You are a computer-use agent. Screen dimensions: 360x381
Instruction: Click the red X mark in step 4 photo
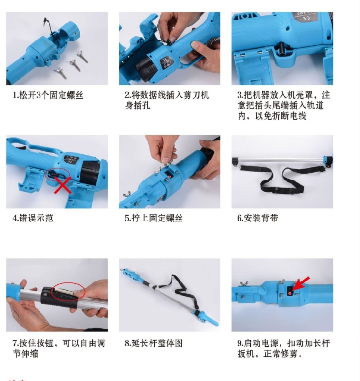pyautogui.click(x=62, y=185)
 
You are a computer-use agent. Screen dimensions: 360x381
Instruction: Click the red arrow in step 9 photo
pyautogui.click(x=301, y=283)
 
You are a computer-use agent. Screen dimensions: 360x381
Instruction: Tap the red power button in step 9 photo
pyautogui.click(x=290, y=293)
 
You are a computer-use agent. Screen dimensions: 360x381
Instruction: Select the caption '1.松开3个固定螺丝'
pyautogui.click(x=48, y=95)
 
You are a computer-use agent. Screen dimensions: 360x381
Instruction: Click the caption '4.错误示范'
pyautogui.click(x=33, y=218)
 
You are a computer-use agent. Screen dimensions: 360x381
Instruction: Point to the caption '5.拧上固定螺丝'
pyautogui.click(x=154, y=218)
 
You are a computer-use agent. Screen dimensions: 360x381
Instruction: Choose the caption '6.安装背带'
pyautogui.click(x=258, y=218)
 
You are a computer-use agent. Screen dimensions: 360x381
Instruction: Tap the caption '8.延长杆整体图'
pyautogui.click(x=154, y=343)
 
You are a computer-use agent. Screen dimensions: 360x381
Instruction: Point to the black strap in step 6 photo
pyautogui.click(x=282, y=180)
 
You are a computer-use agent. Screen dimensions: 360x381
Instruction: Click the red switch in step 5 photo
pyautogui.click(x=168, y=175)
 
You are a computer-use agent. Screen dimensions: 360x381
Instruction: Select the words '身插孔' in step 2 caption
pyautogui.click(x=138, y=106)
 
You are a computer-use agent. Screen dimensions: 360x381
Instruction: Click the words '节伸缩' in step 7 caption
pyautogui.click(x=25, y=354)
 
